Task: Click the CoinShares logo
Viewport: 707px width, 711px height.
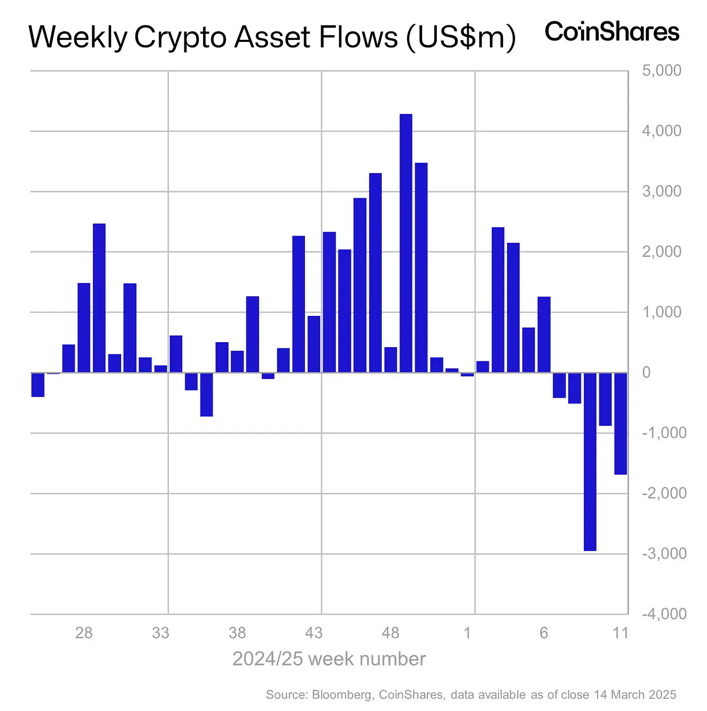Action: [x=612, y=32]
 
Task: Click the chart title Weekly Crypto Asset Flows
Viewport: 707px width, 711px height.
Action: [x=272, y=37]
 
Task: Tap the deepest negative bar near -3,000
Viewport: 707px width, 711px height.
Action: [x=590, y=461]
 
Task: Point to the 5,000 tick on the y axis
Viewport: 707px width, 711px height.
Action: [x=662, y=71]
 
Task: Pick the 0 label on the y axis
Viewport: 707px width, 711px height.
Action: [x=646, y=373]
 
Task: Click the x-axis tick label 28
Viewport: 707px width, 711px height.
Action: [x=84, y=633]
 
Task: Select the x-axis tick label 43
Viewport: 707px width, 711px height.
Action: [x=314, y=633]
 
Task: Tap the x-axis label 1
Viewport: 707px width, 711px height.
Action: [x=467, y=633]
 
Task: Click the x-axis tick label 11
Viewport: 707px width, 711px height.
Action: [x=620, y=633]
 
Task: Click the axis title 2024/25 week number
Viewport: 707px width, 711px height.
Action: [x=329, y=659]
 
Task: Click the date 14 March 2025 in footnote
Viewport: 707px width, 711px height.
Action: [x=635, y=695]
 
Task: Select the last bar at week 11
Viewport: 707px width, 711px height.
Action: [x=621, y=423]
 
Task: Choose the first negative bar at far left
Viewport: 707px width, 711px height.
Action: [x=38, y=385]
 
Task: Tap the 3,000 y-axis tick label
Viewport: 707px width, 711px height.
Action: [x=662, y=191]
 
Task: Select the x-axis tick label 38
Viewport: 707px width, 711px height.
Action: [x=237, y=633]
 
